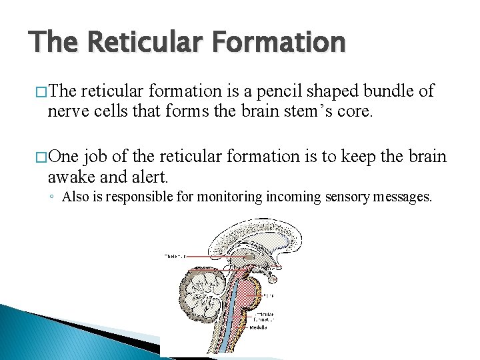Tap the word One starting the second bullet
click(x=63, y=157)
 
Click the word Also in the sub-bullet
click(x=74, y=197)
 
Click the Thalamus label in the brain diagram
click(x=175, y=256)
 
